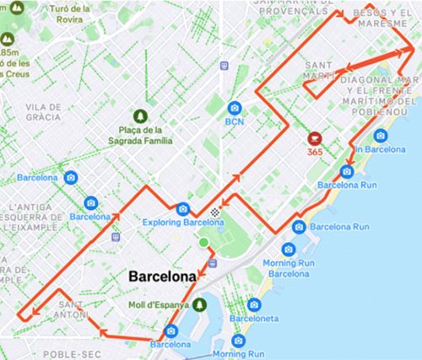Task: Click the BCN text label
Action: (x=234, y=121)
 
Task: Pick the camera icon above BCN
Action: (x=235, y=107)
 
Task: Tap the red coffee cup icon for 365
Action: (x=314, y=137)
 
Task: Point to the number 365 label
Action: (x=315, y=151)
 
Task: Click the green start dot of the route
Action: (x=203, y=244)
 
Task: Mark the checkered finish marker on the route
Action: (x=217, y=214)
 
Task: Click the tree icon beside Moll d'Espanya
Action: (x=200, y=304)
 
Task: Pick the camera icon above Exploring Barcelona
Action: (x=182, y=208)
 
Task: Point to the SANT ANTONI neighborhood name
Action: (x=72, y=309)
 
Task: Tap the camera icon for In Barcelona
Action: (x=381, y=136)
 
